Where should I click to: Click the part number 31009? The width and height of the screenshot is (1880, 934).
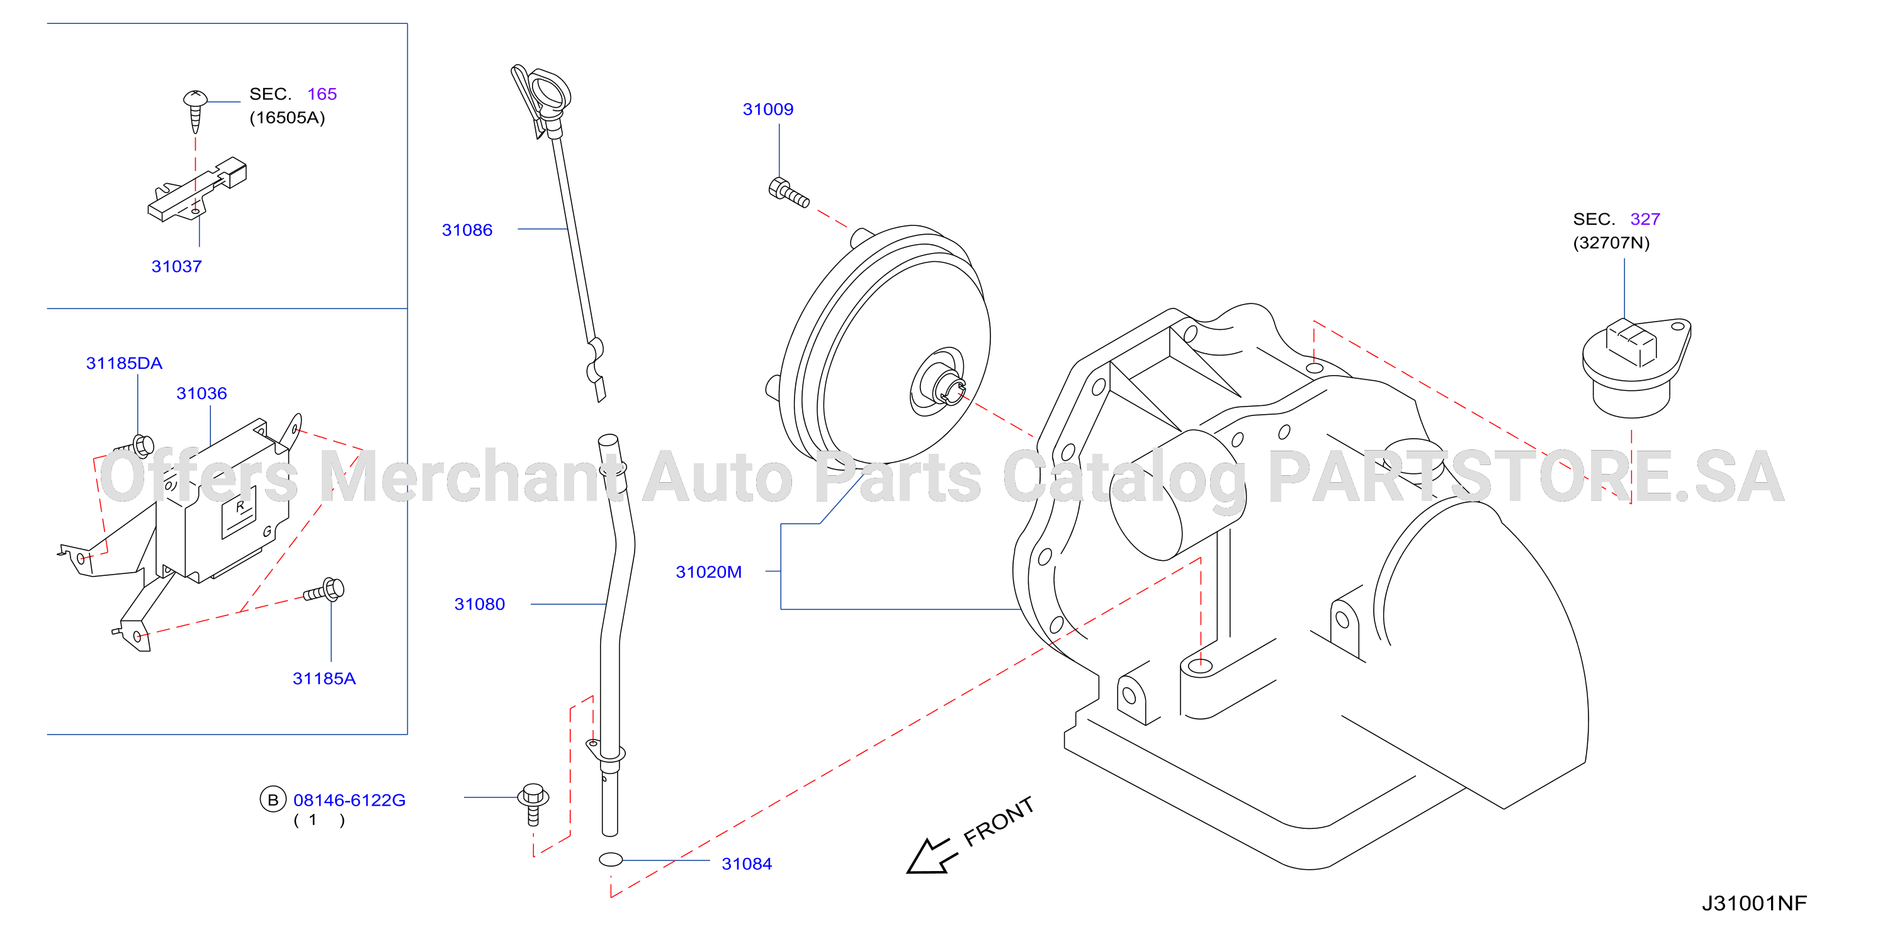pos(767,110)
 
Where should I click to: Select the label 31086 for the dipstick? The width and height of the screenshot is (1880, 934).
pos(467,230)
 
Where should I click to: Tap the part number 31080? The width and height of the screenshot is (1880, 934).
pos(480,604)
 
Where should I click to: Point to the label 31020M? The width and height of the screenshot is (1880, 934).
pos(709,572)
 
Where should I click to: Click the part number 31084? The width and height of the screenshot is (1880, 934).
pos(747,864)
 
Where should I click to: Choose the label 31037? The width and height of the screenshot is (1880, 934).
pos(177,266)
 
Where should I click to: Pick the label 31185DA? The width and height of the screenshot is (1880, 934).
pos(124,363)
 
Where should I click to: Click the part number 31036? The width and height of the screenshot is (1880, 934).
pos(201,393)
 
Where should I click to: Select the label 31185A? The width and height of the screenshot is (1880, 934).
pos(324,678)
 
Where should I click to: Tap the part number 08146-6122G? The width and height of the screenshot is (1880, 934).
pos(349,801)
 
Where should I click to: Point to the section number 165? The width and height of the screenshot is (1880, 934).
pos(322,94)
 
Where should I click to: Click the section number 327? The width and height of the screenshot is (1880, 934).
pos(1645,219)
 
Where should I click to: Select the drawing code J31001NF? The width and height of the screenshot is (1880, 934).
pos(1755,903)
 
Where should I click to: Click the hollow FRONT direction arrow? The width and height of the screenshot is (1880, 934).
pos(931,855)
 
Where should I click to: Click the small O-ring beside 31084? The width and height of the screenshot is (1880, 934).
pos(611,860)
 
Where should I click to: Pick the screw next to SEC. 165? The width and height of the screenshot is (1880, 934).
pos(195,111)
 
